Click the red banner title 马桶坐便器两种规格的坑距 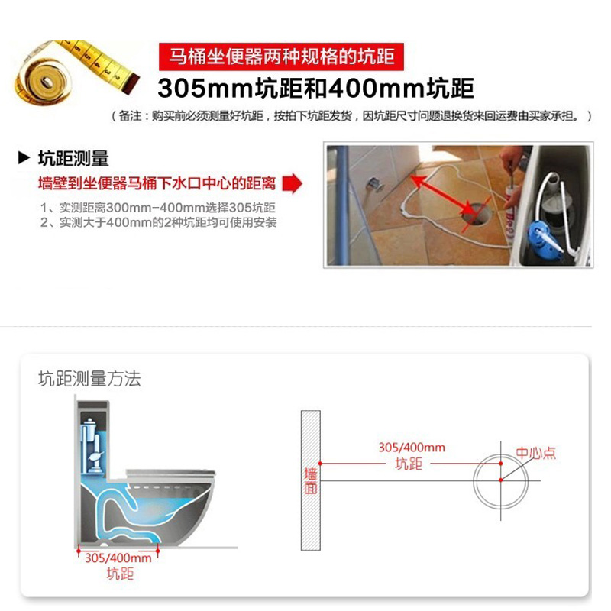pos(281,57)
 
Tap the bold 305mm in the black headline pos(205,89)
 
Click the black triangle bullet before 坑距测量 pos(24,158)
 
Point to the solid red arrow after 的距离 pos(293,183)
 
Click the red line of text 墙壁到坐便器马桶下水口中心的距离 pos(157,183)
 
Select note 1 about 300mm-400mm pos(158,207)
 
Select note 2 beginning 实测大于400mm pos(159,222)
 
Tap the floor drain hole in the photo pos(476,214)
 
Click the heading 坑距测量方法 pos(89,379)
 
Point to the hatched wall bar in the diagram pos(311,480)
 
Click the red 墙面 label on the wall pos(311,480)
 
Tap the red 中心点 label pos(536,453)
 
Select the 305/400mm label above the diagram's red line pos(412,448)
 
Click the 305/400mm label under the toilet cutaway pos(118,558)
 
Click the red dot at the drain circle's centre pos(501,480)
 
